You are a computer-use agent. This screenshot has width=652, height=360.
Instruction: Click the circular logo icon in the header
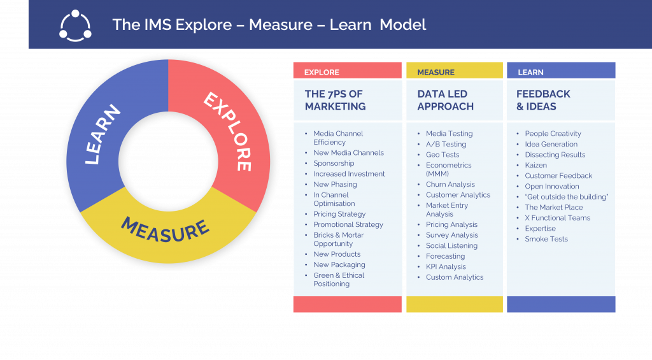point(75,25)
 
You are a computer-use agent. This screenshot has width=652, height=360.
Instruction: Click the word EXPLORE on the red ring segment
point(227,131)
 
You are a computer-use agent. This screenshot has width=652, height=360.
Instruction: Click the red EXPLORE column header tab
point(347,72)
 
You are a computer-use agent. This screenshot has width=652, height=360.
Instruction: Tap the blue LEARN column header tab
point(560,72)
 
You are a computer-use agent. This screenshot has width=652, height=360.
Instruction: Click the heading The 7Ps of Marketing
point(335,100)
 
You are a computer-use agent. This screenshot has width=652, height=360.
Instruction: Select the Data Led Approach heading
point(446,100)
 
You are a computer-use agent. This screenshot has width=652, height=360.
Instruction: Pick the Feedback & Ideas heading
point(543,100)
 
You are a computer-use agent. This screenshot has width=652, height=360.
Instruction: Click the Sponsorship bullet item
point(334,163)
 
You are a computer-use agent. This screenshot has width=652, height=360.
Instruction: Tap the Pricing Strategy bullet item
point(339,214)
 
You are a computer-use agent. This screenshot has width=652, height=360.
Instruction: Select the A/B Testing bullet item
point(446,144)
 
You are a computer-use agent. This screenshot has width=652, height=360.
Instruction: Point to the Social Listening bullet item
point(451,245)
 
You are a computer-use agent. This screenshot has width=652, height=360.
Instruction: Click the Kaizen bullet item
point(536,165)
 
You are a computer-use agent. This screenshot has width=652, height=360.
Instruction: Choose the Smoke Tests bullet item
point(546,239)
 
